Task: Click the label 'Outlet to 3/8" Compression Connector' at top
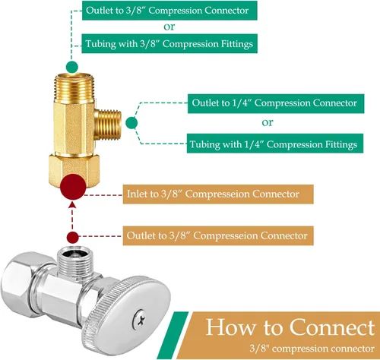[x=169, y=11]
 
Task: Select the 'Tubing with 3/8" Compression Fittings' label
[x=169, y=44]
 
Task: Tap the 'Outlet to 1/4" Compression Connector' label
[x=276, y=103]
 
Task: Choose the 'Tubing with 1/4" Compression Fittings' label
[x=275, y=144]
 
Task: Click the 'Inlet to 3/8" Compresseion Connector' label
[x=218, y=194]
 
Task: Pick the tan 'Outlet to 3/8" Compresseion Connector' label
[x=218, y=236]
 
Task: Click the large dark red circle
[x=73, y=187]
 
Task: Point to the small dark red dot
[x=73, y=238]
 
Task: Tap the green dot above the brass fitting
[x=72, y=67]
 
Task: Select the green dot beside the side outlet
[x=131, y=123]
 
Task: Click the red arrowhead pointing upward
[x=73, y=204]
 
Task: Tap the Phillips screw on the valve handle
[x=140, y=318]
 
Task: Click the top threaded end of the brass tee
[x=74, y=87]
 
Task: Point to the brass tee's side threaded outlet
[x=109, y=125]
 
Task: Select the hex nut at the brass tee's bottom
[x=74, y=169]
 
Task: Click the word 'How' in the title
[x=230, y=327]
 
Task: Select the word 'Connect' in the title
[x=332, y=327]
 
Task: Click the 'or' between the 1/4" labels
[x=268, y=123]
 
